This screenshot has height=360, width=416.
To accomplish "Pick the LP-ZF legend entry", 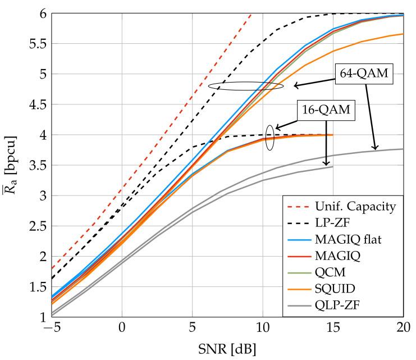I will click(x=340, y=222).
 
